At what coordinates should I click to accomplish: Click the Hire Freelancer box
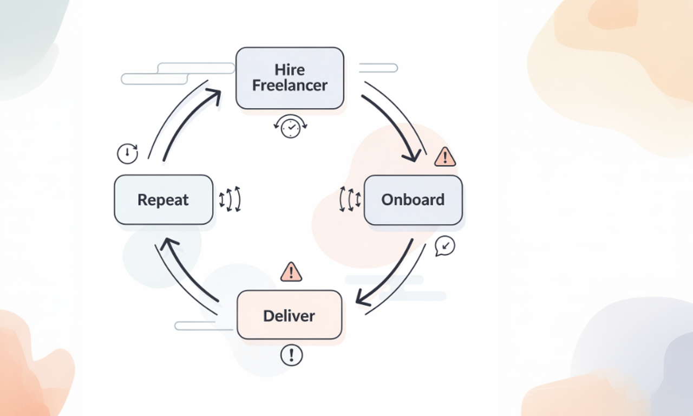coord(290,77)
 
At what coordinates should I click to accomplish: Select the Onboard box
coord(413,200)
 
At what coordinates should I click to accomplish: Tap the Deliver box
coord(289,315)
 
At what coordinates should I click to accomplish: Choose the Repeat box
coord(163,200)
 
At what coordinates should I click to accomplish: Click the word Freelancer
coord(290,86)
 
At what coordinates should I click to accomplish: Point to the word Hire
coord(290,69)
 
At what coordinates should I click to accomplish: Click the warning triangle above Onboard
coord(445,157)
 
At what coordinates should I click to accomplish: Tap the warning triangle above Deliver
coord(291,272)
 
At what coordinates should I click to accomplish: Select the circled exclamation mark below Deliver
coord(291,355)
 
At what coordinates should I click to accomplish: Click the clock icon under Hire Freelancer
coord(291,127)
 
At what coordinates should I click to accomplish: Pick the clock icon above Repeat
coord(127,153)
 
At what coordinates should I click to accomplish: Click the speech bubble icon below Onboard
coord(445,246)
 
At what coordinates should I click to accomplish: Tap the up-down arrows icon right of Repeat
coord(230,199)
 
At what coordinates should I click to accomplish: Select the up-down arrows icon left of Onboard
coord(350,199)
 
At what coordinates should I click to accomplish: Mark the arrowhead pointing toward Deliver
coord(362,300)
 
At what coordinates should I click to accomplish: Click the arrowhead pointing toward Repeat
coord(169,244)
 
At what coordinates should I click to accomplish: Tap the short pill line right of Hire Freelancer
coord(378,68)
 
